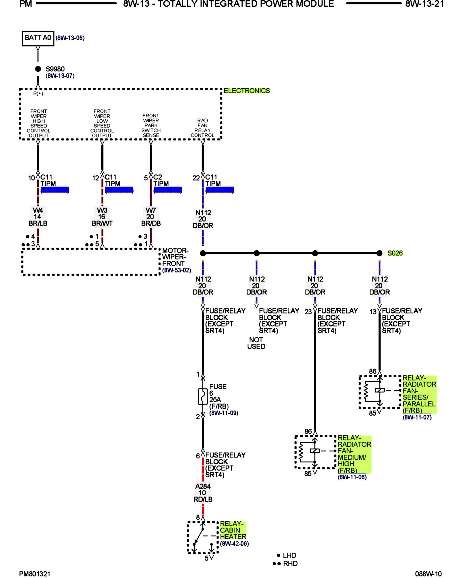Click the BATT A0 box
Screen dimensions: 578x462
pyautogui.click(x=38, y=38)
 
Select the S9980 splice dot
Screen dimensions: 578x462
pyautogui.click(x=38, y=69)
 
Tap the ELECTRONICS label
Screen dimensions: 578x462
pyautogui.click(x=247, y=91)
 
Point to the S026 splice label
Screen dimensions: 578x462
pyautogui.click(x=395, y=253)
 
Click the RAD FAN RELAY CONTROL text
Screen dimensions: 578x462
pyautogui.click(x=202, y=128)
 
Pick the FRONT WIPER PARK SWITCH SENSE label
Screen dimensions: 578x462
pyautogui.click(x=151, y=125)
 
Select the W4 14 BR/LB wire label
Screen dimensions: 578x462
pyautogui.click(x=38, y=217)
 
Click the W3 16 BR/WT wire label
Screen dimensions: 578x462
pyautogui.click(x=102, y=217)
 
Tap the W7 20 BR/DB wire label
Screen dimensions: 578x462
pyautogui.click(x=151, y=217)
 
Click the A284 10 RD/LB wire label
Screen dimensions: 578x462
pyautogui.click(x=203, y=493)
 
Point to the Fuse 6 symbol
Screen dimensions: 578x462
pyautogui.click(x=203, y=396)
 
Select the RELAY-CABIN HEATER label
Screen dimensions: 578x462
pyautogui.click(x=233, y=530)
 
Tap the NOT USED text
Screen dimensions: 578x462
pyautogui.click(x=256, y=343)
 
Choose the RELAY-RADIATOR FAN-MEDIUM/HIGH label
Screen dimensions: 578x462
pyautogui.click(x=354, y=454)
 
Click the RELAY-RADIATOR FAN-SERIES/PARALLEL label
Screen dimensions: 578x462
pyautogui.click(x=419, y=394)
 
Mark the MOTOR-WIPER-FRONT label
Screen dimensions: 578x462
pyautogui.click(x=175, y=257)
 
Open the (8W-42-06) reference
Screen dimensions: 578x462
pyautogui.click(x=234, y=544)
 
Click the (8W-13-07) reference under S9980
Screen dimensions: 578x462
pyautogui.click(x=60, y=76)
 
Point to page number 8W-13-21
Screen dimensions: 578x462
pyautogui.click(x=424, y=4)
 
